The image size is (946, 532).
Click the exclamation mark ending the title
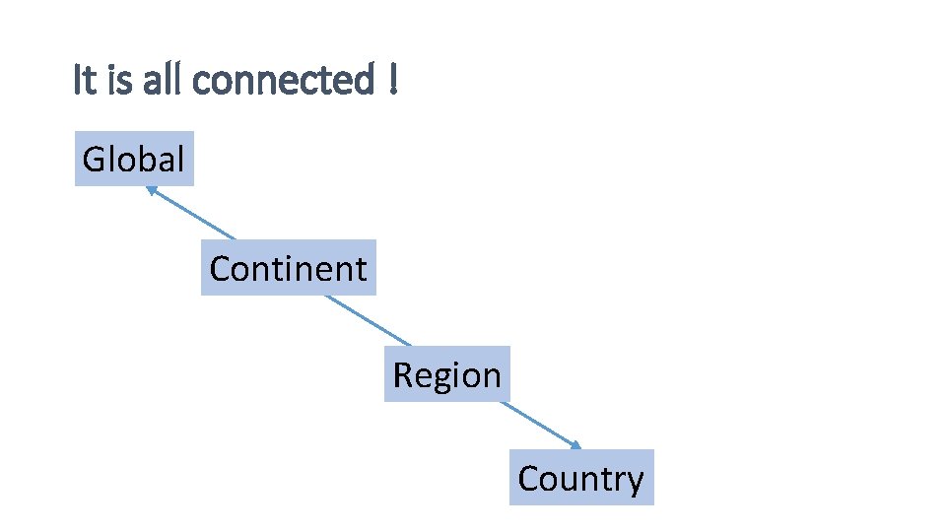(393, 80)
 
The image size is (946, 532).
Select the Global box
(134, 159)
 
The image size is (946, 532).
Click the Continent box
(288, 268)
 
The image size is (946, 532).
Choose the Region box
(446, 374)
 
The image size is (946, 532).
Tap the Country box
(581, 478)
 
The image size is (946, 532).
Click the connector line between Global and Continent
(192, 214)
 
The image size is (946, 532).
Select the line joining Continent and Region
(367, 319)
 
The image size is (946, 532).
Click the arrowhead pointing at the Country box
(575, 445)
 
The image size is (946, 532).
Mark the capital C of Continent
(221, 268)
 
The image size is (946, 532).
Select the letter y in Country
(636, 481)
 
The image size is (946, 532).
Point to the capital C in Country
(529, 478)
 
